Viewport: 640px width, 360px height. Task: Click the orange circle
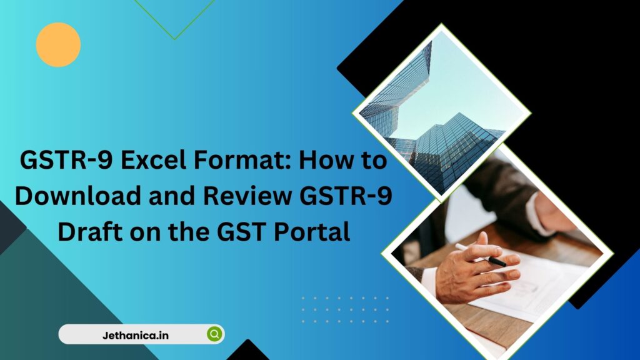click(58, 44)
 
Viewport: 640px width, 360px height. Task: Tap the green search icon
click(214, 334)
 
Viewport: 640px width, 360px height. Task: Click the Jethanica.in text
click(135, 336)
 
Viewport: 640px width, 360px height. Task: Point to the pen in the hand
click(481, 254)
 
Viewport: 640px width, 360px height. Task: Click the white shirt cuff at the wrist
click(429, 282)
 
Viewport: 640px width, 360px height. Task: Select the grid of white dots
click(345, 310)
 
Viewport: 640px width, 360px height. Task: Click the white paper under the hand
click(531, 286)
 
